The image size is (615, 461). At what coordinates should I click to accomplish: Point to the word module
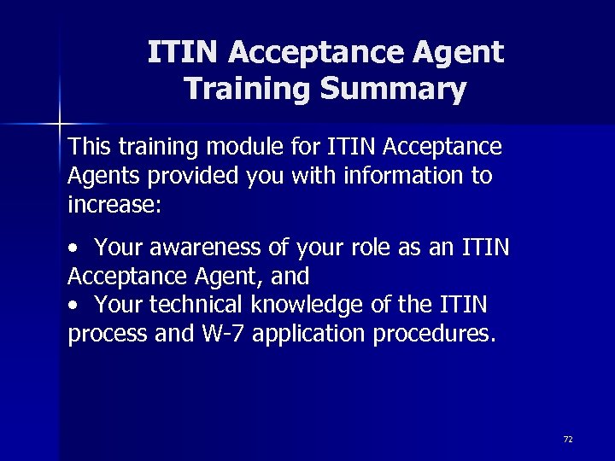(241, 147)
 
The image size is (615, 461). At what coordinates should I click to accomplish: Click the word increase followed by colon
(114, 205)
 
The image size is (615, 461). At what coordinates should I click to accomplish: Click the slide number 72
(568, 439)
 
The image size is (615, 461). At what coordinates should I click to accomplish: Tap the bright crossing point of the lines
(60, 125)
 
